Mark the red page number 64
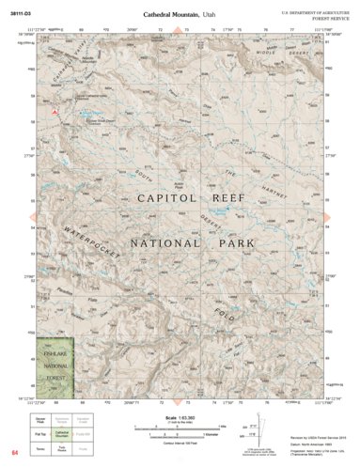tap(15, 454)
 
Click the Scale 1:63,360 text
tap(180, 417)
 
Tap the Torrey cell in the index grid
tap(45, 449)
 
